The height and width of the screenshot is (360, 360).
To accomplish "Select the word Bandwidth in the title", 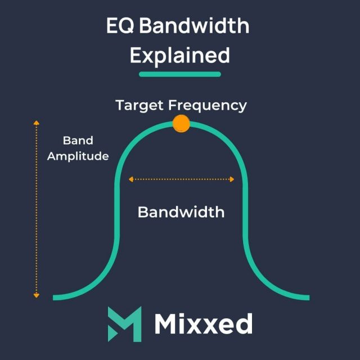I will [193, 26].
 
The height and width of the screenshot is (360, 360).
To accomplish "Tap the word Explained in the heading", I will [180, 55].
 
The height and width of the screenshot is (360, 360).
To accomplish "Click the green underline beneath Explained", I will [180, 74].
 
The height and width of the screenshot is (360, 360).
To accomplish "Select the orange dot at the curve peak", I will [181, 123].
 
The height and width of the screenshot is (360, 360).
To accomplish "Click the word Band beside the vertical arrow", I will [78, 141].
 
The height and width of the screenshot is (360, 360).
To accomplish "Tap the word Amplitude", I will [78, 156].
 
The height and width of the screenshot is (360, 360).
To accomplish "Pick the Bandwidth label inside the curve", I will [181, 212].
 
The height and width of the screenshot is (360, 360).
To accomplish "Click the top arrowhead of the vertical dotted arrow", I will [37, 122].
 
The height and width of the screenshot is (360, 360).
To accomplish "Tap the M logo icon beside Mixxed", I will [124, 323].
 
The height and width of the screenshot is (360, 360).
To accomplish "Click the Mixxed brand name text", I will [203, 323].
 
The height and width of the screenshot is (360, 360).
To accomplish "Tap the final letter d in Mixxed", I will [244, 323].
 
